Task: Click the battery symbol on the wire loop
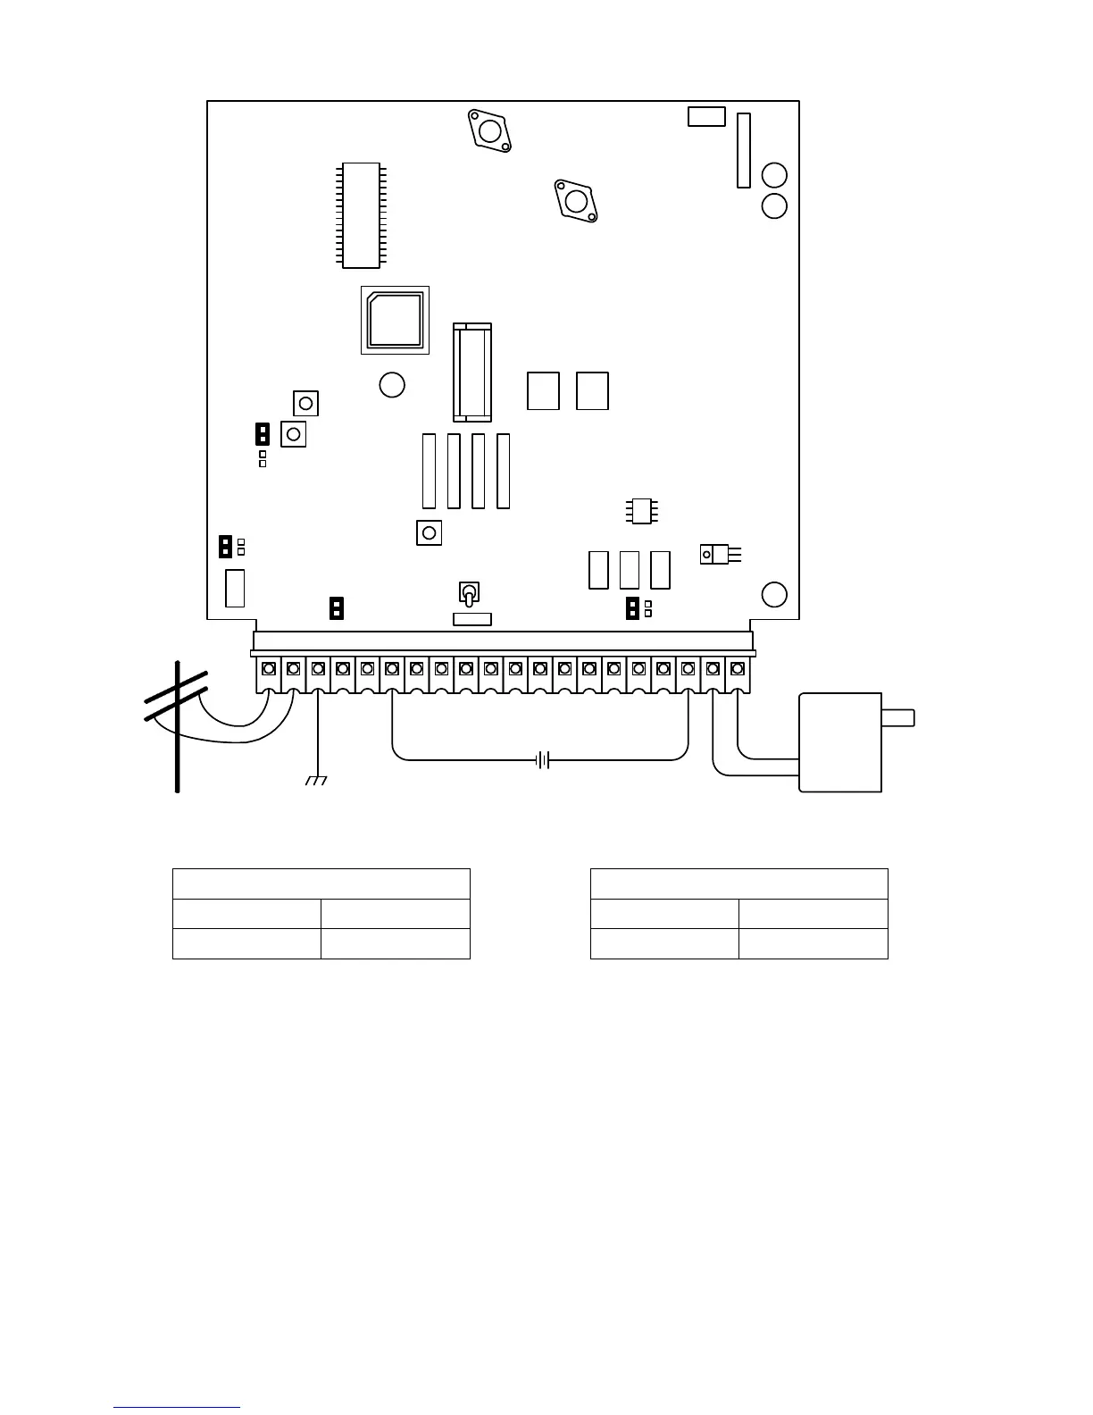[x=541, y=760]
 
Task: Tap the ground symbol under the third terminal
[x=317, y=781]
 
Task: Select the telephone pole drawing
[x=178, y=725]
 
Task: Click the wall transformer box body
[x=839, y=741]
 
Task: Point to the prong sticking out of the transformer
[x=897, y=716]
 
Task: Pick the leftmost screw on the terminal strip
[x=269, y=667]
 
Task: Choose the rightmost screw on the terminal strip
[x=738, y=667]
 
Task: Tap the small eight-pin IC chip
[x=642, y=510]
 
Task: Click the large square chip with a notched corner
[x=395, y=320]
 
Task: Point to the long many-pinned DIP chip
[x=361, y=214]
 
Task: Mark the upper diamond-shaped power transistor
[x=490, y=131]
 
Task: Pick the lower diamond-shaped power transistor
[x=576, y=200]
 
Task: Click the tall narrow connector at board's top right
[x=743, y=150]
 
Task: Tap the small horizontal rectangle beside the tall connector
[x=706, y=116]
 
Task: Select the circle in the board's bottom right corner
[x=774, y=594]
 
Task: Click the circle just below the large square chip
[x=392, y=385]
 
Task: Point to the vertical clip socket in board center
[x=472, y=372]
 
